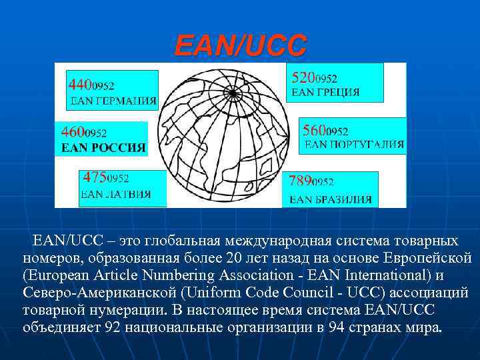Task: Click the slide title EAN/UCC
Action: click(x=241, y=45)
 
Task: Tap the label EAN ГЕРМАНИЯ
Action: click(x=113, y=101)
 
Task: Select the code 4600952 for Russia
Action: click(x=84, y=132)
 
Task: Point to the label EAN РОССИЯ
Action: click(x=103, y=148)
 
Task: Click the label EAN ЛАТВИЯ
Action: click(x=115, y=194)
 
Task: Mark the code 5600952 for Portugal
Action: click(x=325, y=130)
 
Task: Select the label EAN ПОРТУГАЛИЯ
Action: click(x=354, y=144)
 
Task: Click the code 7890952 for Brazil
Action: click(x=311, y=180)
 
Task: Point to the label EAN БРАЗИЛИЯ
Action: click(x=331, y=199)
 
